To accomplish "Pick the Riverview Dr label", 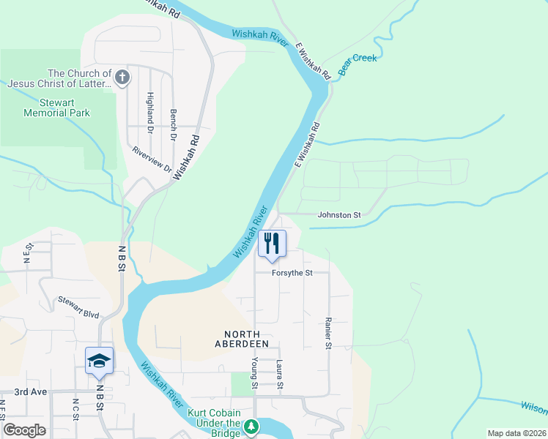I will (x=152, y=160).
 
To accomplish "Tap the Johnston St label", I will (x=339, y=215).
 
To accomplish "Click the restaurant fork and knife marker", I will (x=272, y=243).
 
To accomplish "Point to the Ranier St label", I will (x=328, y=333).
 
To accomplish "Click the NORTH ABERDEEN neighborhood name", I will (x=242, y=337).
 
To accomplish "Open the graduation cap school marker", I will (x=100, y=361).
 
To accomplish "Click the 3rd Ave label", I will (x=31, y=391).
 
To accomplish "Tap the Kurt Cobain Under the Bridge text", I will (x=214, y=424).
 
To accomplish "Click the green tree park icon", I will (x=251, y=425).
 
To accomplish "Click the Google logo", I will (x=24, y=430).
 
